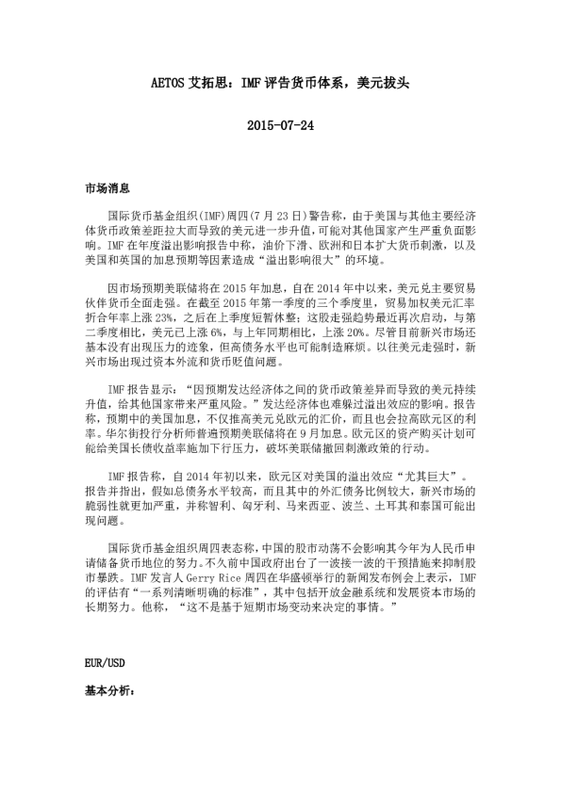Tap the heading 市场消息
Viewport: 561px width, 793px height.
tap(107, 189)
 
